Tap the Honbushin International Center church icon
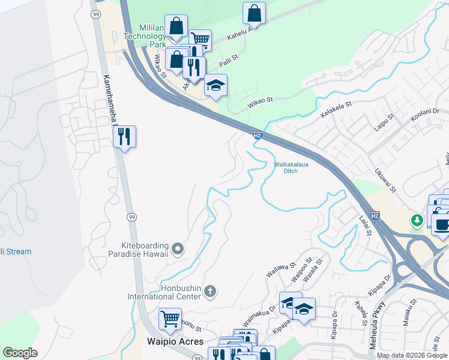pyautogui.click(x=209, y=292)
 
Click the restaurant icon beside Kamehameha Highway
pyautogui.click(x=124, y=137)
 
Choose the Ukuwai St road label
pyautogui.click(x=384, y=180)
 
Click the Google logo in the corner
pyautogui.click(x=20, y=353)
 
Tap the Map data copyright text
pyautogui.click(x=412, y=355)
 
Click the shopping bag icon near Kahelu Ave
pyautogui.click(x=255, y=13)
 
